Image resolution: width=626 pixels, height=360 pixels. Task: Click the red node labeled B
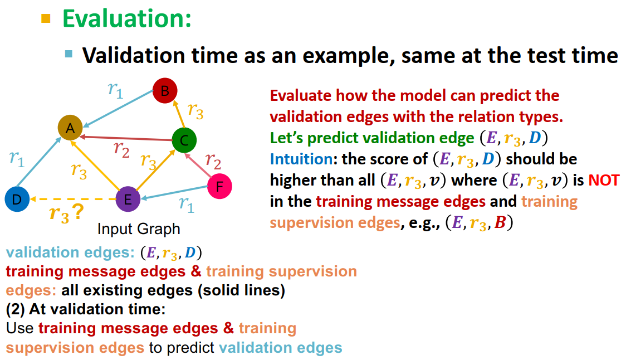[164, 91]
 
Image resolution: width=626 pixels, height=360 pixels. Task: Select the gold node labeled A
[70, 128]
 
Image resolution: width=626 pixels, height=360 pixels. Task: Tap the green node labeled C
[184, 140]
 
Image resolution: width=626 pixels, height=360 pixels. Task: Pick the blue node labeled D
[17, 199]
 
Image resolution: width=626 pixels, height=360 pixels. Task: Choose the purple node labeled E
[128, 199]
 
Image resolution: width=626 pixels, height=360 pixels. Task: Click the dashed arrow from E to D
[72, 199]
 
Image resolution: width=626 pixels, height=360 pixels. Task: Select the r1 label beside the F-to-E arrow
[187, 205]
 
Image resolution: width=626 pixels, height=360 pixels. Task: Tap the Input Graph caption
[139, 229]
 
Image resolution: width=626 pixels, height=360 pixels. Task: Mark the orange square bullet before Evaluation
[46, 18]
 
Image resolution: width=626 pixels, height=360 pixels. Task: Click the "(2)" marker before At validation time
[16, 309]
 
